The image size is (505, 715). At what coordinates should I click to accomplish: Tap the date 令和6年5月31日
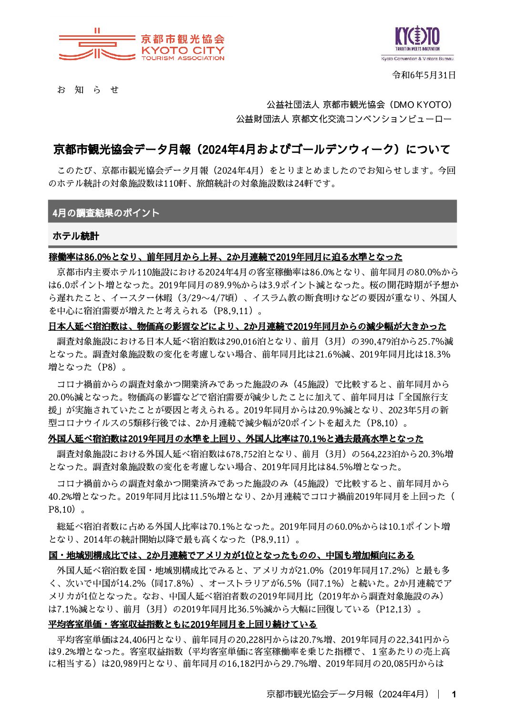423,75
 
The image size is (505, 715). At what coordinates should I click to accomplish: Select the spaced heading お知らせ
88,90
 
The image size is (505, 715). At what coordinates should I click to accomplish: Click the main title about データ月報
251,149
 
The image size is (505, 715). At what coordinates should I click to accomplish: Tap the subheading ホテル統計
76,236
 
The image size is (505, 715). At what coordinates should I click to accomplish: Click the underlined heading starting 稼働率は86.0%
226,257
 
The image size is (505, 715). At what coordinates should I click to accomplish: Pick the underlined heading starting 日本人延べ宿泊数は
247,326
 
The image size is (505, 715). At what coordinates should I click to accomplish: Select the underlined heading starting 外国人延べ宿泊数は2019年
236,439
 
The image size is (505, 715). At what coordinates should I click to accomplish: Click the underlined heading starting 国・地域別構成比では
231,556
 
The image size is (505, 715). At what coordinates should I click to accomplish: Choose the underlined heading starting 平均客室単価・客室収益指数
182,625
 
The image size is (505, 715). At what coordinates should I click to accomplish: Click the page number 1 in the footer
454,694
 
